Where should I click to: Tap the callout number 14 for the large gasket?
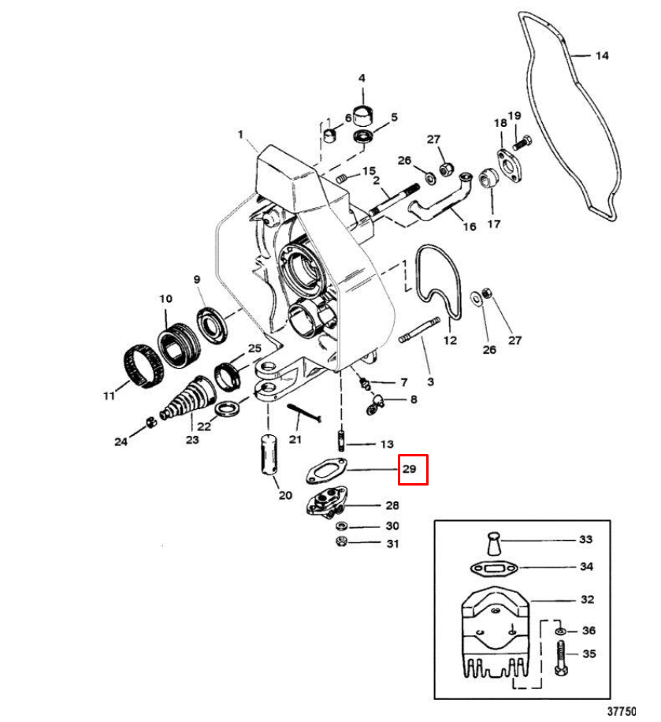point(601,56)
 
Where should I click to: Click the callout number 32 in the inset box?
point(587,599)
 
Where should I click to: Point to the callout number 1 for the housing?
point(240,135)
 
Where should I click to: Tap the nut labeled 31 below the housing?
point(342,541)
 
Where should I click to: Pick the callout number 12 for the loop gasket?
point(450,341)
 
